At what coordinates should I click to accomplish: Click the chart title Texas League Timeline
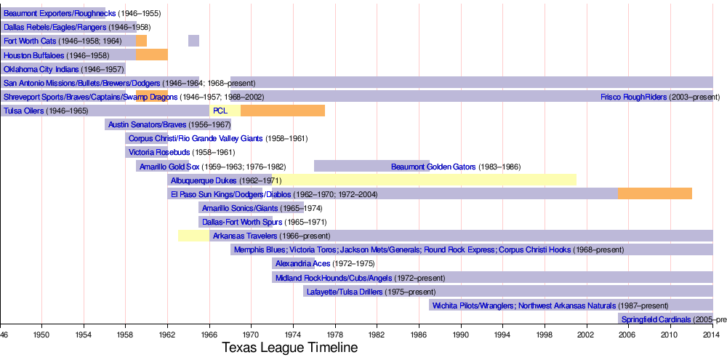click(x=289, y=348)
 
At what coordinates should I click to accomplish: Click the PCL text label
click(x=221, y=111)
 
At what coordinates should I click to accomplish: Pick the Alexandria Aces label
click(x=304, y=263)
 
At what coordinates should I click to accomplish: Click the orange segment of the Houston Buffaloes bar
click(x=152, y=55)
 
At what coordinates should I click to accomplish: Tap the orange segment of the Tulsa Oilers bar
click(x=282, y=111)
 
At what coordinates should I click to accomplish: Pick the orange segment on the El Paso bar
click(x=654, y=194)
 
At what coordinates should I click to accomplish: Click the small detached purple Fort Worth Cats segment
click(x=193, y=41)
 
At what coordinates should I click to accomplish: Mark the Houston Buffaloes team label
click(x=33, y=55)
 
